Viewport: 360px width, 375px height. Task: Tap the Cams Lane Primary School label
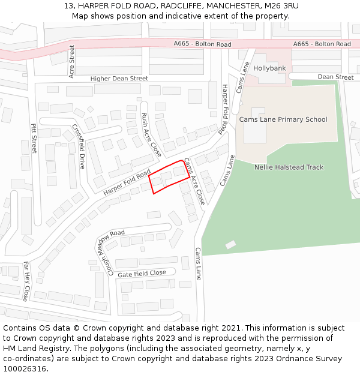[283, 119]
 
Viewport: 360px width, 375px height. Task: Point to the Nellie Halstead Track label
[289, 167]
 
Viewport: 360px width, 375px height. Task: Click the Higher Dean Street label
[119, 79]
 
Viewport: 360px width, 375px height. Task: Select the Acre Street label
[71, 61]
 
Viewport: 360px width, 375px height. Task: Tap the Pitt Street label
[34, 138]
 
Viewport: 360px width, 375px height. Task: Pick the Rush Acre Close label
[151, 134]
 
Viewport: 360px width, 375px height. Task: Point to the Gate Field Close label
[142, 273]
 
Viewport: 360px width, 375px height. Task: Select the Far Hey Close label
[26, 281]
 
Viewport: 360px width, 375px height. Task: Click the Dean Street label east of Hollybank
[335, 77]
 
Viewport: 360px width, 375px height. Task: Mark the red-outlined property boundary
[170, 177]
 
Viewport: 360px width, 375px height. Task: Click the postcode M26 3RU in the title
[281, 6]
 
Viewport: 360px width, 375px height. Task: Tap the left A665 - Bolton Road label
[202, 44]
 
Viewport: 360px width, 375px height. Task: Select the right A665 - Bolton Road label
[322, 44]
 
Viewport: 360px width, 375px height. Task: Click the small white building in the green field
[230, 245]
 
